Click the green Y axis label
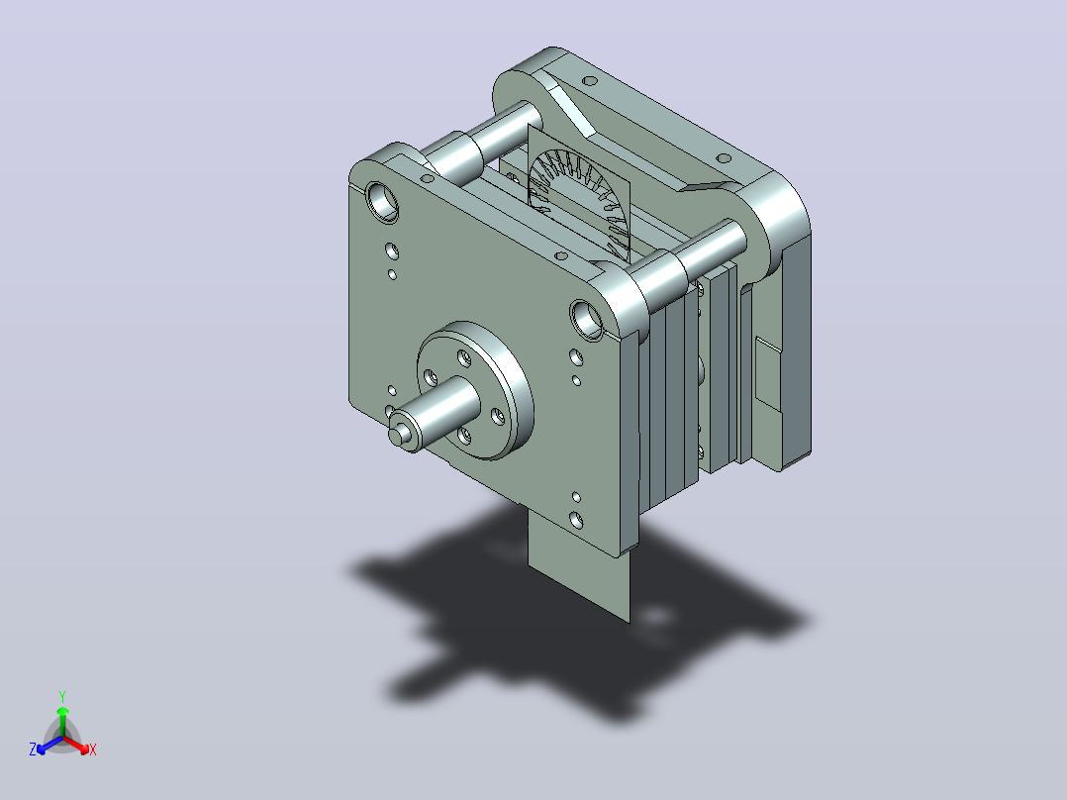pyautogui.click(x=62, y=696)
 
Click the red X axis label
pyautogui.click(x=93, y=750)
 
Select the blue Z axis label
pyautogui.click(x=33, y=749)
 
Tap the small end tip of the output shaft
pyautogui.click(x=399, y=435)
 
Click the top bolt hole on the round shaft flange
pyautogui.click(x=464, y=356)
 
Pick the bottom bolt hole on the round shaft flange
pyautogui.click(x=464, y=435)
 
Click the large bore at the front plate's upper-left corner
pyautogui.click(x=382, y=201)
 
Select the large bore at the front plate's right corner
pyautogui.click(x=587, y=320)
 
